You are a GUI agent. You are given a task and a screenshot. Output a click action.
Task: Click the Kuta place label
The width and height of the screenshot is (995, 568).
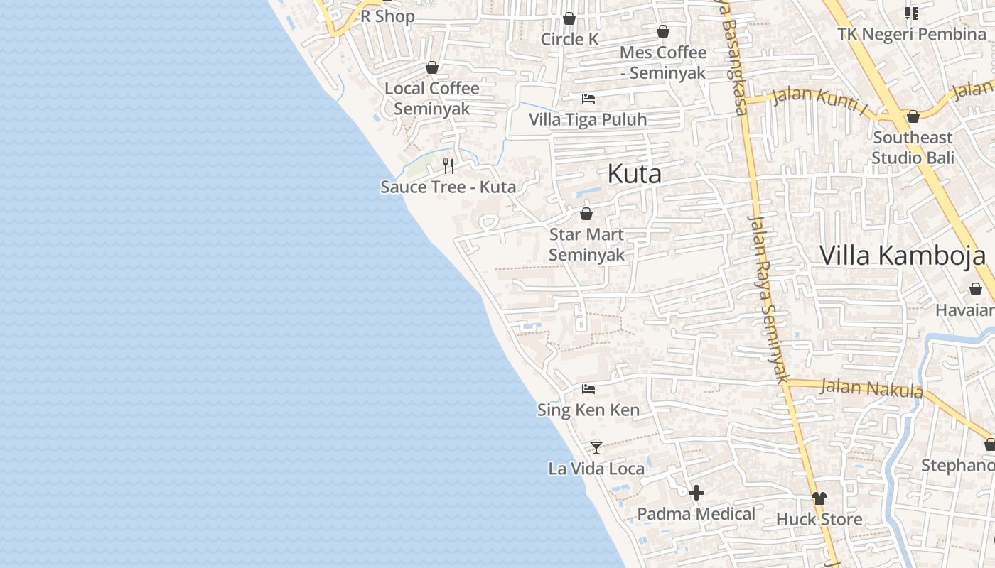(634, 174)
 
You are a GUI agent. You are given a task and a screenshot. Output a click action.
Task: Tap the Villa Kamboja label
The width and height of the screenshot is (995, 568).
(903, 255)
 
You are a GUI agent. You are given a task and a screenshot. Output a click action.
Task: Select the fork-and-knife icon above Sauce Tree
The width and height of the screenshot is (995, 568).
(448, 166)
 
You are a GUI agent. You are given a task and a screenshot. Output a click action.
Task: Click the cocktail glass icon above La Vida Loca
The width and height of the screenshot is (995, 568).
(596, 448)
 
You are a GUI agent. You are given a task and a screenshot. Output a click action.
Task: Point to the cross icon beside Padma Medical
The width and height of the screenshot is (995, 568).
(696, 493)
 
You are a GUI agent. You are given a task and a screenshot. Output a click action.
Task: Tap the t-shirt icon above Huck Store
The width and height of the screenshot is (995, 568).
(819, 498)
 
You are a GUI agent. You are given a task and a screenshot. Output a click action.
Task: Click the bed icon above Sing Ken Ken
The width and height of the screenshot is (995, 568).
(588, 389)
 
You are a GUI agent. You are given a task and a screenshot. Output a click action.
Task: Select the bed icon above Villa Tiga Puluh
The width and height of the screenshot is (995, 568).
(588, 99)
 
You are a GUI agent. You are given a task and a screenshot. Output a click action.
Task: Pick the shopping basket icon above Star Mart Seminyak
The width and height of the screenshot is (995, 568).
(586, 214)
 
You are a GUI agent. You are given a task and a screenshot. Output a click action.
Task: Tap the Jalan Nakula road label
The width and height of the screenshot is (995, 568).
(871, 388)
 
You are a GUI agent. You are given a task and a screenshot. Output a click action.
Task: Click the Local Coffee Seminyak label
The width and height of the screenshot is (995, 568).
(432, 99)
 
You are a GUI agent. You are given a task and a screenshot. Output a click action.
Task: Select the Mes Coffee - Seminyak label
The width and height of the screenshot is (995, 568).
(663, 62)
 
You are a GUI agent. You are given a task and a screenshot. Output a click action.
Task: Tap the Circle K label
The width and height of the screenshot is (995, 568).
(569, 40)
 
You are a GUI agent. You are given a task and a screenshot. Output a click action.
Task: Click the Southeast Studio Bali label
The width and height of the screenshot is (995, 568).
(913, 148)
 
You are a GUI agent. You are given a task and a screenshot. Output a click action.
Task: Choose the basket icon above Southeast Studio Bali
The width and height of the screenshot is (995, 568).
(913, 116)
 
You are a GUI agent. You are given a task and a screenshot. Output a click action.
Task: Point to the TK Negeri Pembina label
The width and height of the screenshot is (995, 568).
(911, 34)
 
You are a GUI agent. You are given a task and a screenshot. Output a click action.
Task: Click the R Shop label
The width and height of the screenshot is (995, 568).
(387, 16)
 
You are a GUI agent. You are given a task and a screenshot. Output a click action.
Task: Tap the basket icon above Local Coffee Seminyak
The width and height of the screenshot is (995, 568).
(432, 67)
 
